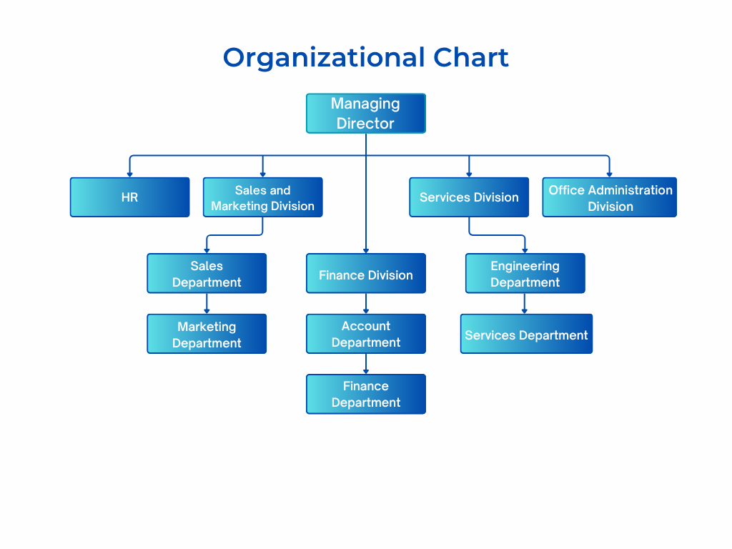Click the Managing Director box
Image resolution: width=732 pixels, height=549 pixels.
(366, 114)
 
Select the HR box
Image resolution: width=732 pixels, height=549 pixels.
(129, 197)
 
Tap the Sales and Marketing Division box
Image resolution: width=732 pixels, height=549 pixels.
(262, 198)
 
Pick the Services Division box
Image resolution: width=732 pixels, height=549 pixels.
(469, 197)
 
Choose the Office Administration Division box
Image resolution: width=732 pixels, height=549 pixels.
(610, 198)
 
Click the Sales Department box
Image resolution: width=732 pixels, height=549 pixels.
(207, 274)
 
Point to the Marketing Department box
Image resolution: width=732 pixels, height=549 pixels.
(207, 335)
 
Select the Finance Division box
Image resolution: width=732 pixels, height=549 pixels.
(366, 274)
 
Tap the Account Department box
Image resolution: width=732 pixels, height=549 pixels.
(366, 334)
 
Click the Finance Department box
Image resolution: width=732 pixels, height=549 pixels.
(366, 394)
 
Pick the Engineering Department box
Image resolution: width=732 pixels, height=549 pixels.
(525, 274)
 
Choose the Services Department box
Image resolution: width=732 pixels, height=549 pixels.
(526, 335)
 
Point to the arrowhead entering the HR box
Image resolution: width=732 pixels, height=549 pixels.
(129, 174)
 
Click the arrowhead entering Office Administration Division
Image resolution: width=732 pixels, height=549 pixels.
(610, 174)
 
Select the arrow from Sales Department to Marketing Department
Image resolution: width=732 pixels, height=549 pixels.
(207, 304)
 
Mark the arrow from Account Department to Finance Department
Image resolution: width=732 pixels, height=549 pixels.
(366, 364)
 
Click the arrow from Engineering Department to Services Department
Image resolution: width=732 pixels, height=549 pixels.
(525, 304)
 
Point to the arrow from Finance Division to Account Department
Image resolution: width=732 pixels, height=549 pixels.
(366, 304)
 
